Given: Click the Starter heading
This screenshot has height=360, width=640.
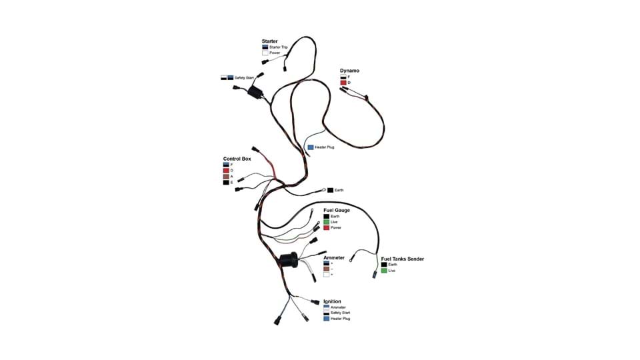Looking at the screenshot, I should click(270, 41).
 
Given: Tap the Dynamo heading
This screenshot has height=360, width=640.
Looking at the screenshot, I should click(349, 71).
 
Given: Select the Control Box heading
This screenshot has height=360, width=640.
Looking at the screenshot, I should click(236, 159).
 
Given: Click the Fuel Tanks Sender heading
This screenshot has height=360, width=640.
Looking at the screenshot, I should click(403, 259).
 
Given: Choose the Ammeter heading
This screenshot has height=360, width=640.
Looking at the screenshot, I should click(334, 257).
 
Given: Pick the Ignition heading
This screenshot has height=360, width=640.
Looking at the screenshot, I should click(332, 301).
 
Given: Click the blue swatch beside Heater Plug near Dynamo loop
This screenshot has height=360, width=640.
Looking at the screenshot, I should click(310, 147).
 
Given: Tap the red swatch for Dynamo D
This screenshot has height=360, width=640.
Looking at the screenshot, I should click(343, 83).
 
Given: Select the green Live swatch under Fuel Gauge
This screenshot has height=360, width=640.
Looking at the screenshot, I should click(327, 222).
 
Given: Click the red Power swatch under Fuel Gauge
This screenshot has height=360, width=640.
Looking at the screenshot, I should click(327, 228).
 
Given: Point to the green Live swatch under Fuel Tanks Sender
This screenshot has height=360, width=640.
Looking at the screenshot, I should click(384, 271).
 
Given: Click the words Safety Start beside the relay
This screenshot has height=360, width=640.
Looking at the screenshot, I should click(244, 78).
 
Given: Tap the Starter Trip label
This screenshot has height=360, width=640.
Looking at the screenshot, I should click(279, 47).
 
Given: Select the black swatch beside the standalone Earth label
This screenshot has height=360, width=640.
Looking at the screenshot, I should click(329, 191).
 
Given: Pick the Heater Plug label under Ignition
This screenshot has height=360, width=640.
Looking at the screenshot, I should click(340, 319).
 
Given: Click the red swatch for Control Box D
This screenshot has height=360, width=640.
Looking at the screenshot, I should click(227, 171).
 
